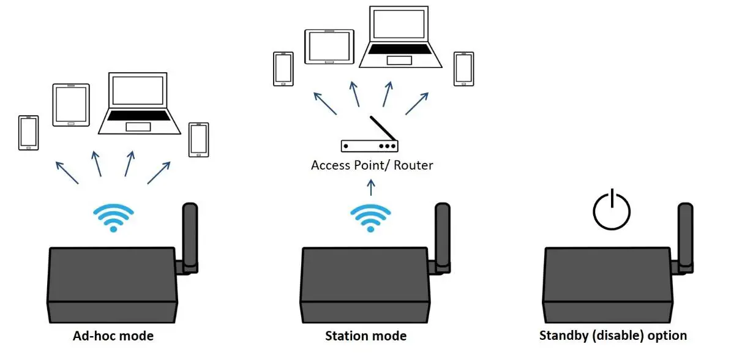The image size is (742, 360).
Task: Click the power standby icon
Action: [612, 211]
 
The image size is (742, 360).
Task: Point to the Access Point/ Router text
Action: [372, 165]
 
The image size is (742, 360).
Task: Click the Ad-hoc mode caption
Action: [113, 336]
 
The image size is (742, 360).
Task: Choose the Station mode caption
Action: [365, 336]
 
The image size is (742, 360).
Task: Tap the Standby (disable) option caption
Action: [613, 336]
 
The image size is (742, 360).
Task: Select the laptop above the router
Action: [401, 37]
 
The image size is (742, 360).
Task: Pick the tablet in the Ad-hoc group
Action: [71, 105]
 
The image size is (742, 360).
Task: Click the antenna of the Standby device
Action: [686, 236]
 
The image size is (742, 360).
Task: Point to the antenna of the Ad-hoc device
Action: [190, 236]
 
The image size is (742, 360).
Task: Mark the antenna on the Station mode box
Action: [442, 236]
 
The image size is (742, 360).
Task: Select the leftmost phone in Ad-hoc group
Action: [28, 132]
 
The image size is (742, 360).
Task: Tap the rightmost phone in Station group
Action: [463, 69]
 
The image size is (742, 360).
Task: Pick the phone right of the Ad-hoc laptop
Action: [198, 140]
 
